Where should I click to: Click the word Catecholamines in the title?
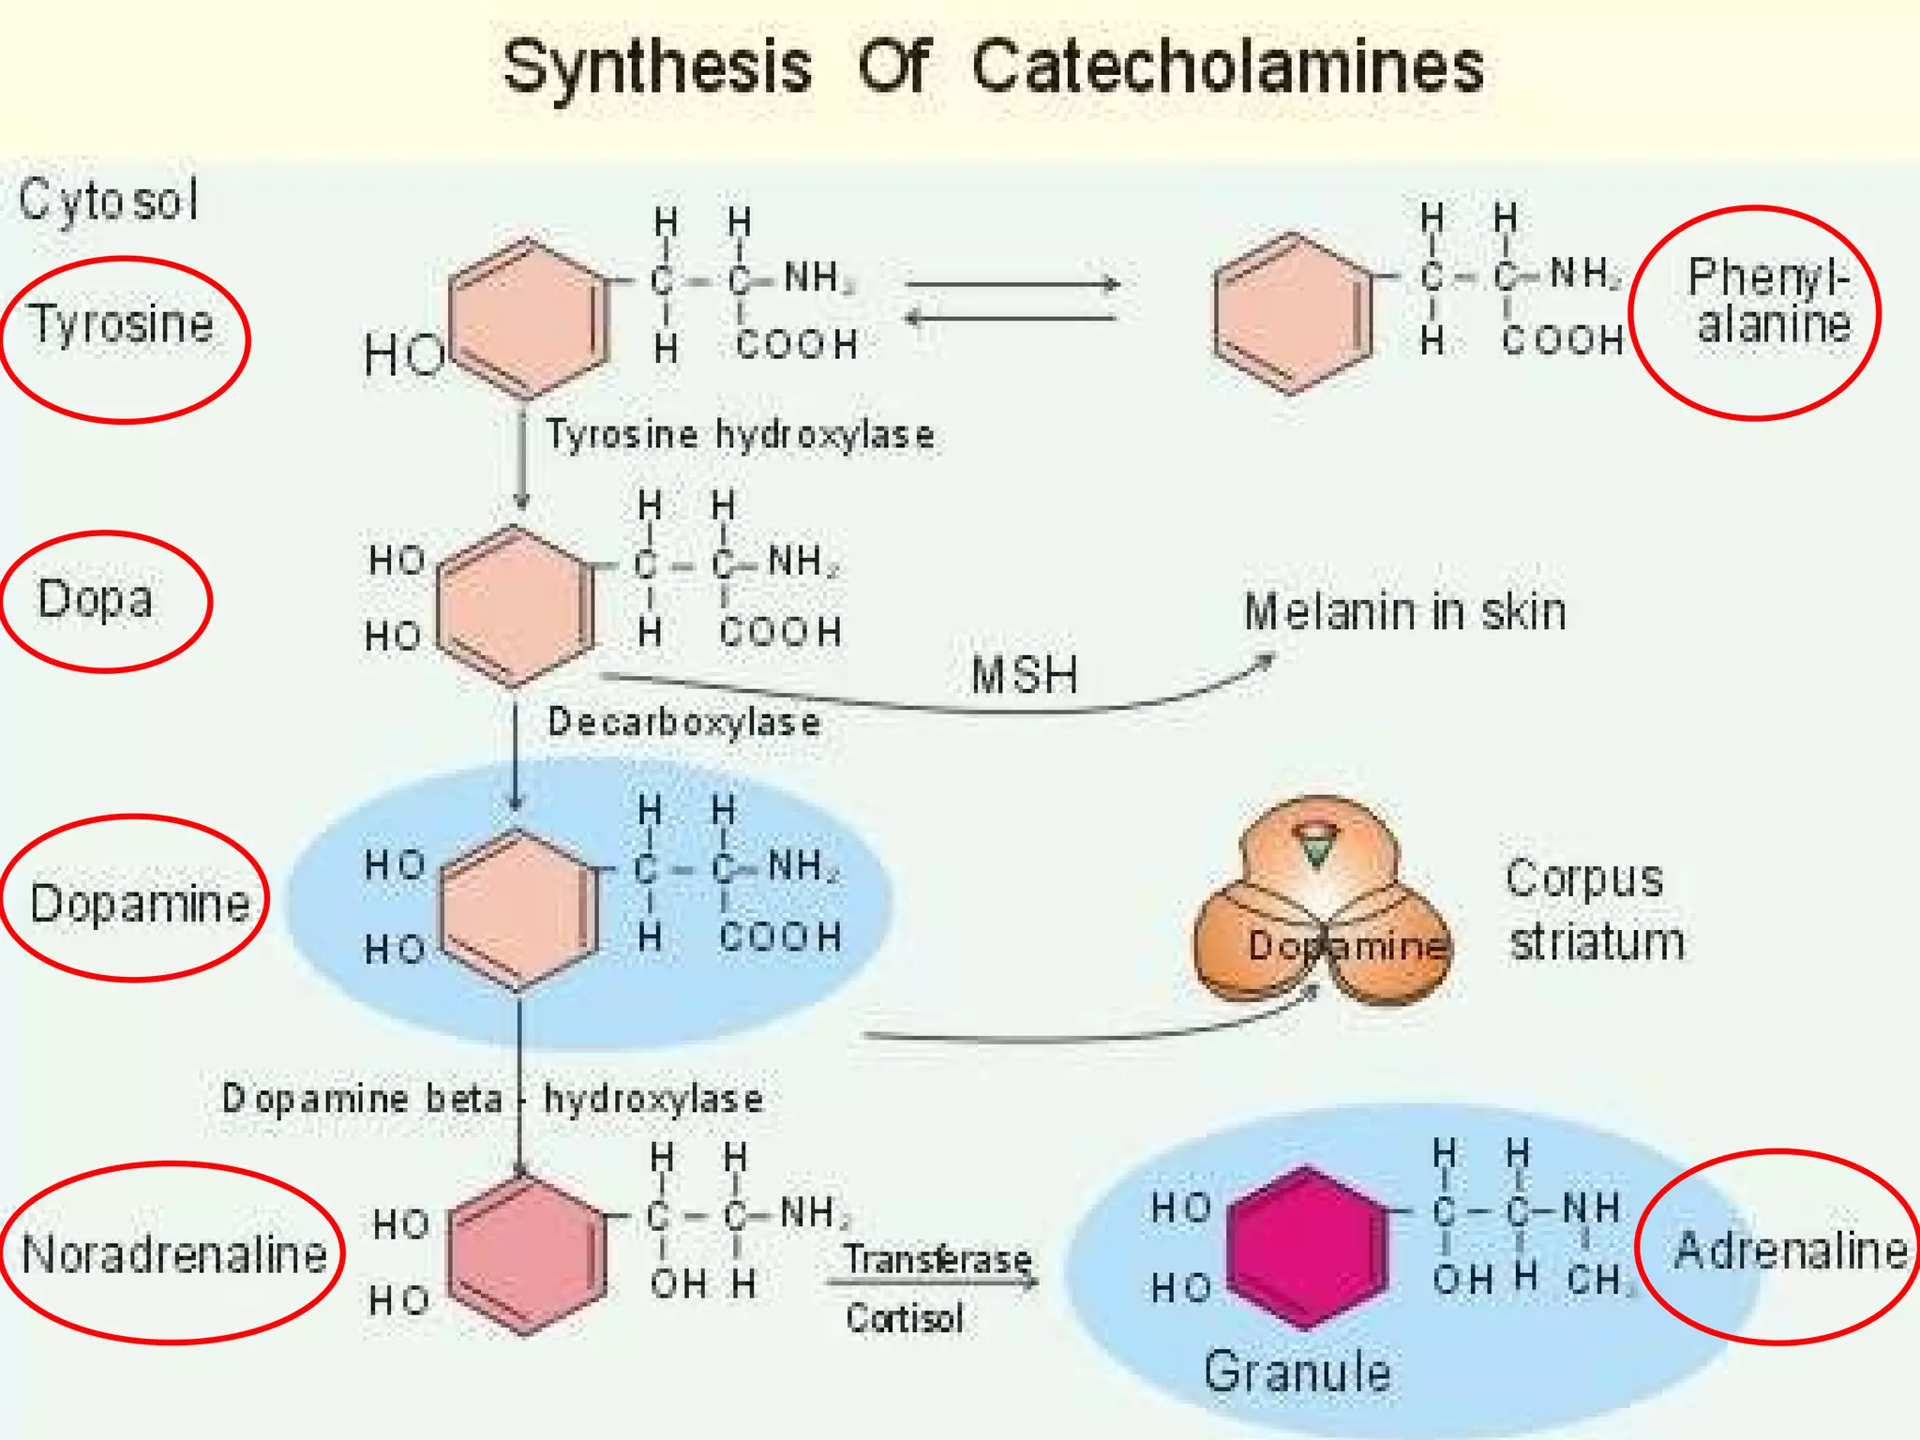1227,67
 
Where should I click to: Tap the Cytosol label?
109,200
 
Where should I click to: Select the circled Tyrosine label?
122,324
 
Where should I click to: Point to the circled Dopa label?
96,600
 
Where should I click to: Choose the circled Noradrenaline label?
174,1254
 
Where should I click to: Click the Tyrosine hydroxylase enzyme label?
741,435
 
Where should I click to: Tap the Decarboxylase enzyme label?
684,723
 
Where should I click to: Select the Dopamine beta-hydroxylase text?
493,1099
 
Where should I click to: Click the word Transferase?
937,1259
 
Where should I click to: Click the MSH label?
1025,675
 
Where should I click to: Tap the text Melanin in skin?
1404,612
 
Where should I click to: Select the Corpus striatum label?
1594,910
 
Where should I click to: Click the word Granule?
1297,1372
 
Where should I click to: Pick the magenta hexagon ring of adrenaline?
1307,1247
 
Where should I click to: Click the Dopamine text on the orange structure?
1347,946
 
